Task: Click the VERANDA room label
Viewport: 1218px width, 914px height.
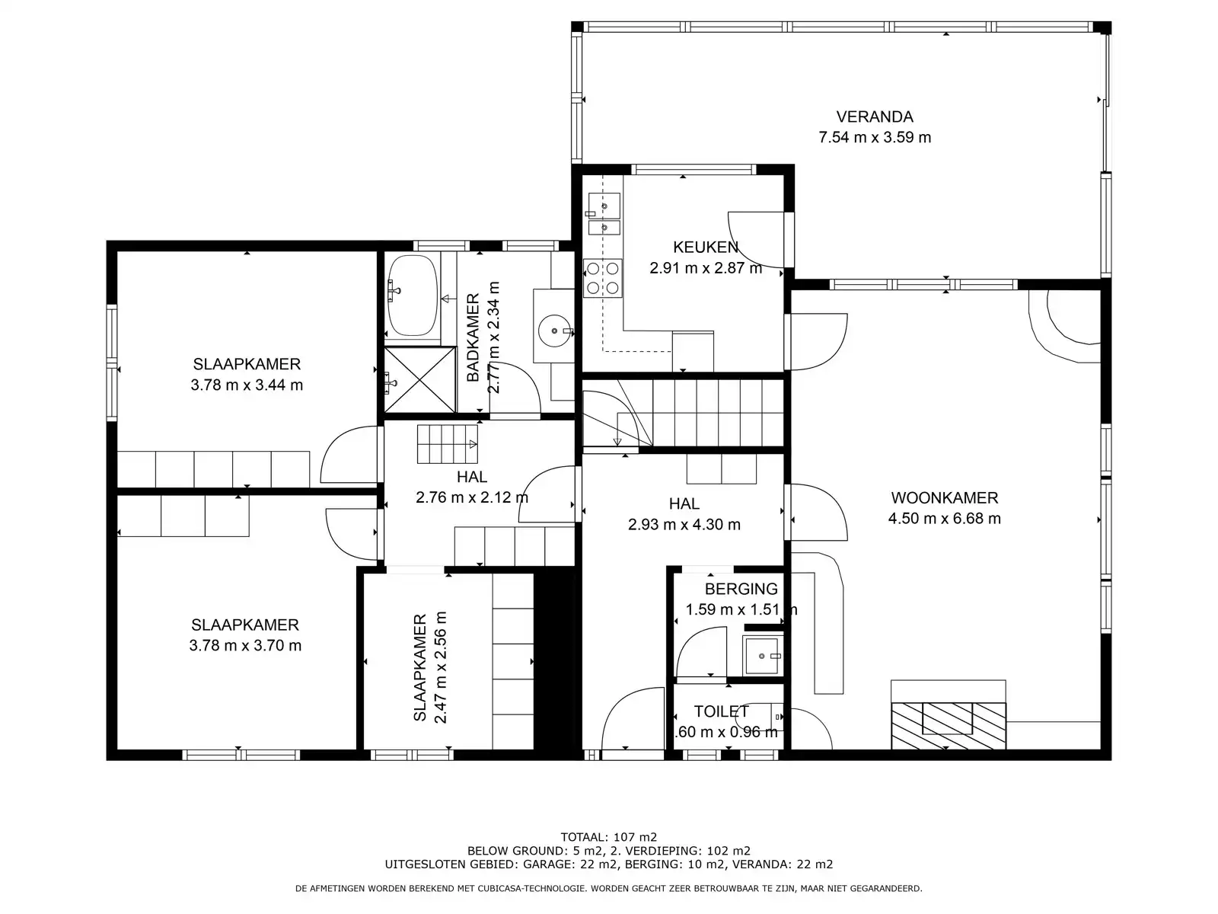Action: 874,117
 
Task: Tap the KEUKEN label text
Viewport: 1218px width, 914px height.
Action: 705,247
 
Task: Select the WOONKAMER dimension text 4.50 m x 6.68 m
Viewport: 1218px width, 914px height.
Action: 944,519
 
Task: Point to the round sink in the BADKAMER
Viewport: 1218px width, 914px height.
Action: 554,331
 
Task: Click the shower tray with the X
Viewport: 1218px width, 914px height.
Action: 418,379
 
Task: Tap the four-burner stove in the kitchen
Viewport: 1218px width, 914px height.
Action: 602,278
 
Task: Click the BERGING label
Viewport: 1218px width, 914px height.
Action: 741,589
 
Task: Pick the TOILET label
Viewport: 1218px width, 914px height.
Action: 721,711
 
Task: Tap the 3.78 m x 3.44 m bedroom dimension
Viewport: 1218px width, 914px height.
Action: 247,385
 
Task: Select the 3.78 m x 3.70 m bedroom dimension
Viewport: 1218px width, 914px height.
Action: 245,646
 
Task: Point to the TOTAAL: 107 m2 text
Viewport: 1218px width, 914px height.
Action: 608,836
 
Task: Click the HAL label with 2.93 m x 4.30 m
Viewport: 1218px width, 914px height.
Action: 684,503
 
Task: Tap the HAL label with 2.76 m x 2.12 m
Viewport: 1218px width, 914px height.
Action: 472,478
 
